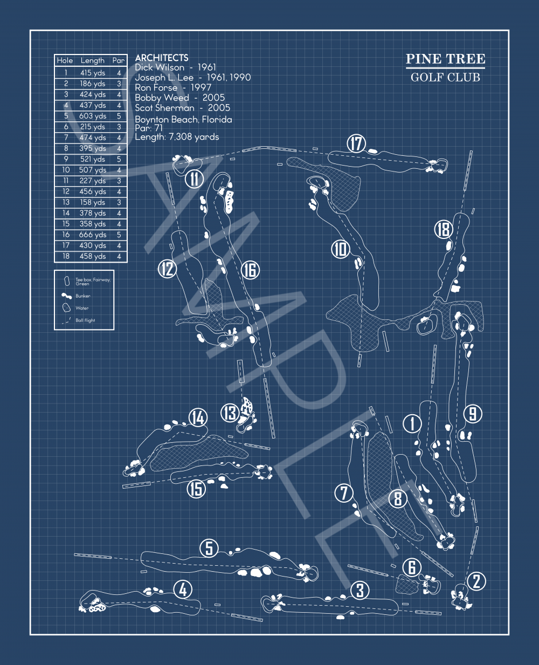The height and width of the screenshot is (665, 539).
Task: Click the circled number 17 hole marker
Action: (356, 144)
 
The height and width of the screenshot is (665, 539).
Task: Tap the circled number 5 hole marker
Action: (209, 549)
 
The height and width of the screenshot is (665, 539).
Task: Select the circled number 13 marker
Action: (230, 413)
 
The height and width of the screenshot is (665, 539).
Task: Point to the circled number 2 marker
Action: (476, 581)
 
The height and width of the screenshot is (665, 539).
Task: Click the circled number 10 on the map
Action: (341, 249)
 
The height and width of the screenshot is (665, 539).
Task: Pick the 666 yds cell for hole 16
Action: (93, 235)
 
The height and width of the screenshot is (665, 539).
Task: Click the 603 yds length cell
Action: (93, 116)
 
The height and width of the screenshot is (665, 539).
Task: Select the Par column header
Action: (119, 60)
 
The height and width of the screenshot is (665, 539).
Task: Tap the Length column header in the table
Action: (93, 60)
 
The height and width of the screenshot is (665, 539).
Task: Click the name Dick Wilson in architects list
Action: (159, 67)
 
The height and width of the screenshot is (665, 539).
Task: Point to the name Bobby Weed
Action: (162, 98)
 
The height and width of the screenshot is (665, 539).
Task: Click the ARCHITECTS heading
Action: (162, 57)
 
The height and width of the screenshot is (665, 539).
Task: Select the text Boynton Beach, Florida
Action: (183, 119)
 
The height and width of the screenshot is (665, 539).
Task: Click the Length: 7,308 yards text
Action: (177, 137)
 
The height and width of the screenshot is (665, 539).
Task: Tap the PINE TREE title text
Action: (445, 59)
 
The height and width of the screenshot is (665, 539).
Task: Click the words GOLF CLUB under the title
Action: (445, 77)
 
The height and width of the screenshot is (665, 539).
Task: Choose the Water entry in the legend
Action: (82, 308)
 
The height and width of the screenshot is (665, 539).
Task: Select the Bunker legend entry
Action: (83, 296)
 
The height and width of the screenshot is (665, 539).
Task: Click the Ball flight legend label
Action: (85, 320)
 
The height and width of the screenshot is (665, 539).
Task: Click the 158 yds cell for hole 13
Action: (93, 202)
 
